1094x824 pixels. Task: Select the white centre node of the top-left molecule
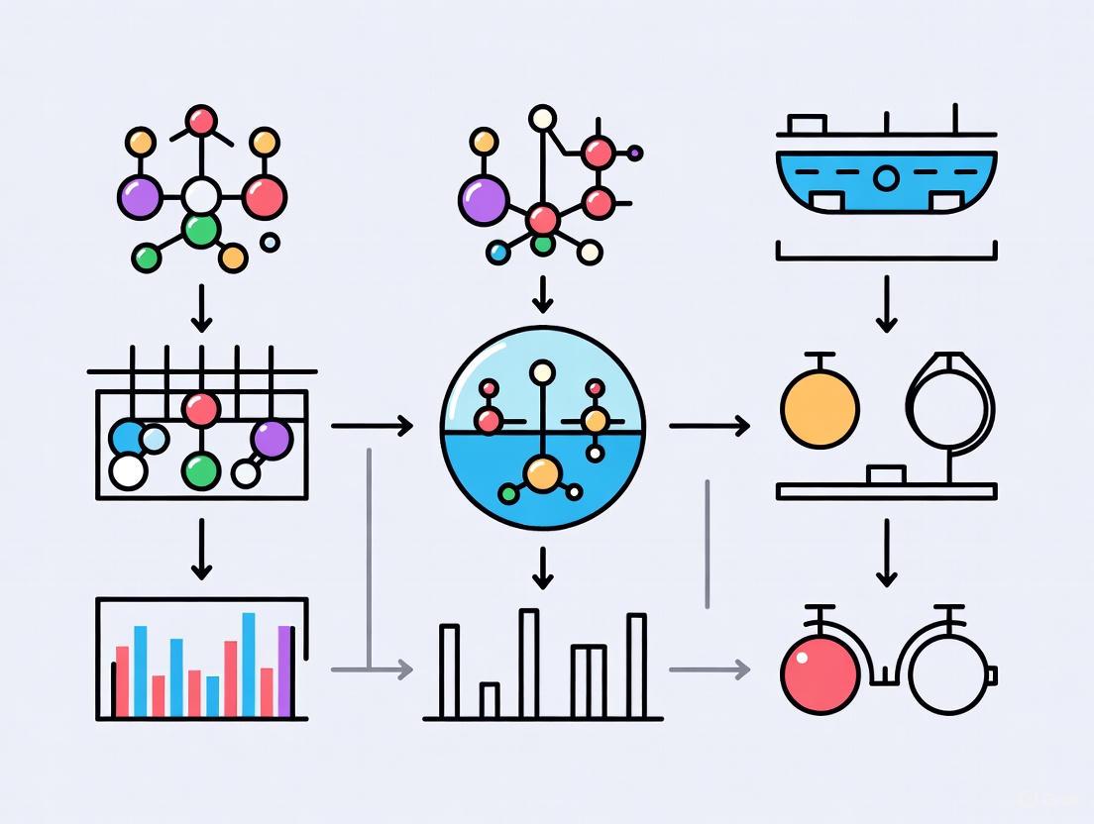[x=201, y=196]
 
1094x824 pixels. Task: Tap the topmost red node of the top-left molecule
[x=201, y=121]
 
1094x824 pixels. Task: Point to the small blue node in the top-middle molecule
[x=499, y=254]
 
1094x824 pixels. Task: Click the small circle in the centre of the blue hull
[x=887, y=178]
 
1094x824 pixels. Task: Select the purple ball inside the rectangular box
[x=271, y=439]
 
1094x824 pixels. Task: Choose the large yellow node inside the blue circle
[x=542, y=473]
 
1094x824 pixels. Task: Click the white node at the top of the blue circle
[x=542, y=373]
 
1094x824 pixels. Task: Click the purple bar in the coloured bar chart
[x=285, y=670]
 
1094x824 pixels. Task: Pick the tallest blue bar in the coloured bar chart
[x=248, y=664]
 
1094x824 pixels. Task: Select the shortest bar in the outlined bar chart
[x=489, y=698]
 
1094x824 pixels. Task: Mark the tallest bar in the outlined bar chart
[x=529, y=663]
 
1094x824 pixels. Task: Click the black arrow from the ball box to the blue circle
[x=372, y=427]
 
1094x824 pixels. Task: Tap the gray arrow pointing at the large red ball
[x=709, y=669]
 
